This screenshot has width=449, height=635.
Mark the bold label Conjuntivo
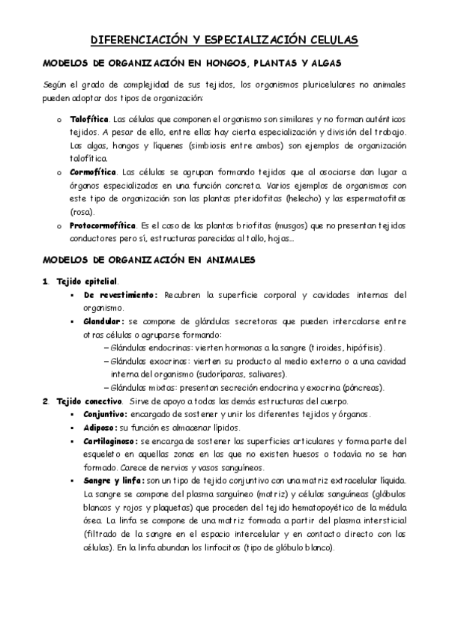105,413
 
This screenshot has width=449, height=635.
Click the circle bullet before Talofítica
59,120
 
